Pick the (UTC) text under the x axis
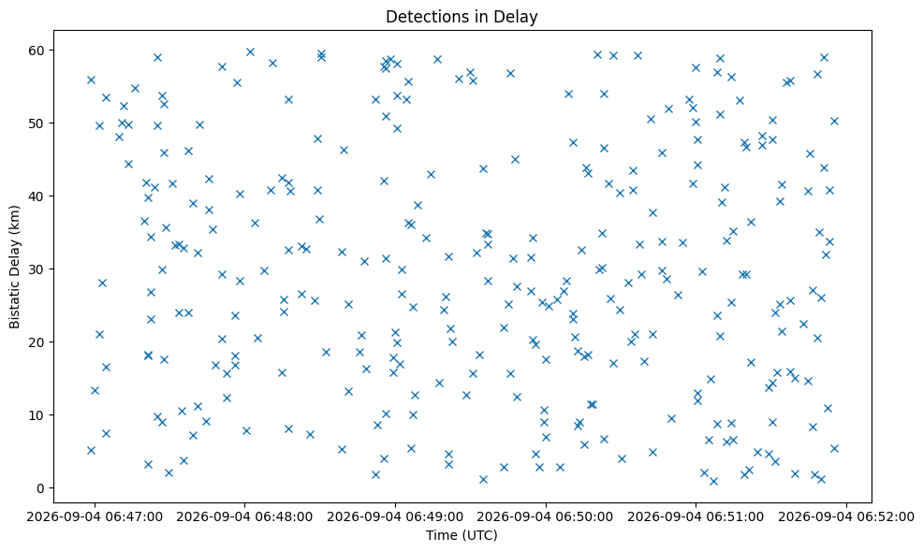pyautogui.click(x=479, y=535)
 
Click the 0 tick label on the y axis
pyautogui.click(x=41, y=487)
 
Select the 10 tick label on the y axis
pyautogui.click(x=37, y=414)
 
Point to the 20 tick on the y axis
pyautogui.click(x=37, y=341)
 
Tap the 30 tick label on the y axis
pyautogui.click(x=37, y=269)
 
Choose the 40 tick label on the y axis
pyautogui.click(x=37, y=196)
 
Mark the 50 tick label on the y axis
pyautogui.click(x=37, y=123)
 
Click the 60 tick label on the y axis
pyautogui.click(x=37, y=50)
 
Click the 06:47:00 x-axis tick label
pyautogui.click(x=95, y=516)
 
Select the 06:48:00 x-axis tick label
pyautogui.click(x=244, y=516)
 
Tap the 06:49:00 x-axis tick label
pyautogui.click(x=395, y=516)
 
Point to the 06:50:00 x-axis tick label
pyautogui.click(x=546, y=516)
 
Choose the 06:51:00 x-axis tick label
pyautogui.click(x=696, y=516)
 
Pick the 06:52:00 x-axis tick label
pyautogui.click(x=846, y=516)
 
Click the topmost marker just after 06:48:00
pyautogui.click(x=250, y=51)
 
